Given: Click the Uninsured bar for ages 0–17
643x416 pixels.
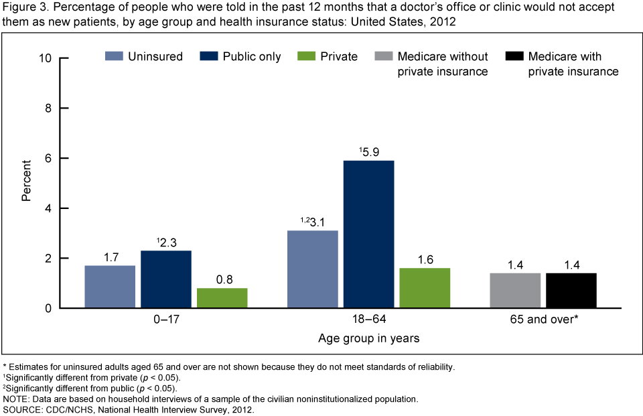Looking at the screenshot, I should (110, 287).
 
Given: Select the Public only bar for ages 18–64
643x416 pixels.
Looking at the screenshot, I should (368, 234).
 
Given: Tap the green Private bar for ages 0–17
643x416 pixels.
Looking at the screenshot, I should (222, 298).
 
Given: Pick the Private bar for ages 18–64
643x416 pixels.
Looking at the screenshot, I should (425, 288).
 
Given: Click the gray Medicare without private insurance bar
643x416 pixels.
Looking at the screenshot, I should (515, 291).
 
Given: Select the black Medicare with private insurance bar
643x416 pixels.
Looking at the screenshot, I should (571, 291).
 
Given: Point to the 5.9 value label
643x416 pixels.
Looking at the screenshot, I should (371, 151).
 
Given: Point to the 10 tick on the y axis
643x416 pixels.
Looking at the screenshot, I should (47, 58).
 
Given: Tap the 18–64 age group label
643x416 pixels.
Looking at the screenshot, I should (368, 320).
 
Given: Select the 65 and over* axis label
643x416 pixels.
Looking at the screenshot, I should (543, 320).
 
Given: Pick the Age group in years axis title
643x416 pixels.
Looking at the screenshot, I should (368, 338).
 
